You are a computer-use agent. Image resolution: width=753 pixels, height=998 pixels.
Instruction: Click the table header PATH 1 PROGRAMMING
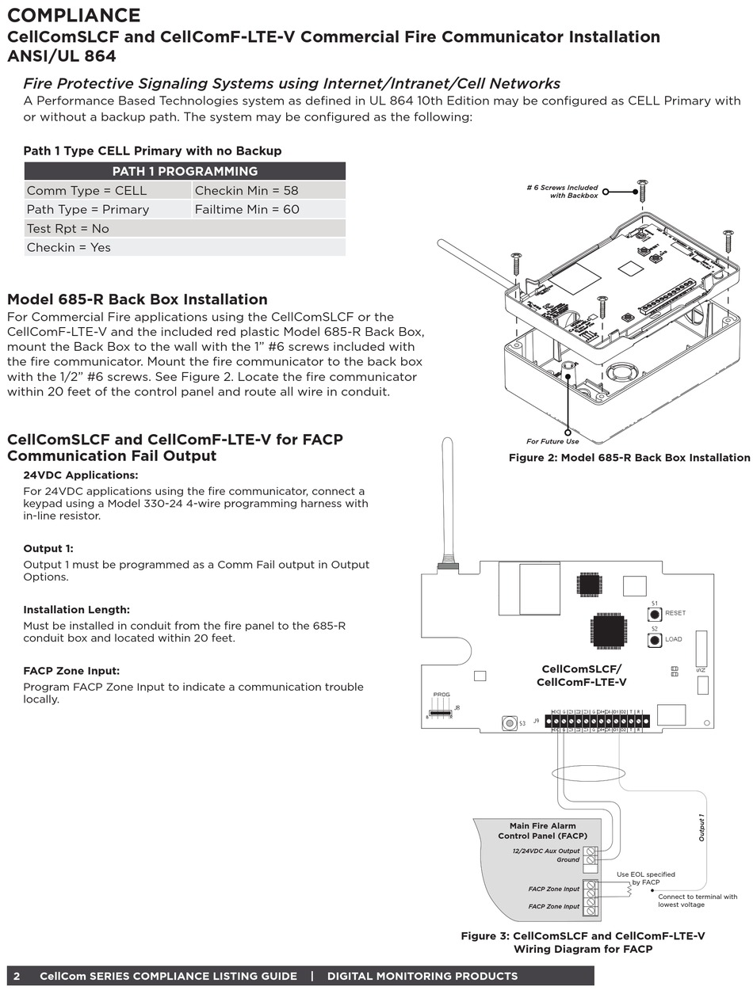coord(185,171)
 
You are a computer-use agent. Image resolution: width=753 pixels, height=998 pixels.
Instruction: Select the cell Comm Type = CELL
coord(87,190)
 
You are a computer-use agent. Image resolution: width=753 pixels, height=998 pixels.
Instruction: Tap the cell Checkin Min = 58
coord(247,190)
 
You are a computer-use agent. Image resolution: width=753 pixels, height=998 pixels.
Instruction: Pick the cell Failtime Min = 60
coord(247,209)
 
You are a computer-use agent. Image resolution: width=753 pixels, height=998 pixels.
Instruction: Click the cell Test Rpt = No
coord(68,228)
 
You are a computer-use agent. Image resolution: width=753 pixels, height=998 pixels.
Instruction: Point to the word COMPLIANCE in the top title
coord(75,15)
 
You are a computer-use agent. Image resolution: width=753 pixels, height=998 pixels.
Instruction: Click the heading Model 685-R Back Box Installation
coord(137,299)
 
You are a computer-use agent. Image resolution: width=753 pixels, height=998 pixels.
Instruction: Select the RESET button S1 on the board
coord(655,613)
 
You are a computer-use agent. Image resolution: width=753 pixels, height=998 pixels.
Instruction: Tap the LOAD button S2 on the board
coord(655,639)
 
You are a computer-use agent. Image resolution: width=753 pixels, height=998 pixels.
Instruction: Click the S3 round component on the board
coord(509,722)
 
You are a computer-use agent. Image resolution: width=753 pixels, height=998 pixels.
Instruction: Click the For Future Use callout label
coord(552,441)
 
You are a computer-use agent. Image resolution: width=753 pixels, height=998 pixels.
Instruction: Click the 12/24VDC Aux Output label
coord(546,851)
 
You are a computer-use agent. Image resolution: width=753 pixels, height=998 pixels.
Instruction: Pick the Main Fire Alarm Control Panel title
coord(542,831)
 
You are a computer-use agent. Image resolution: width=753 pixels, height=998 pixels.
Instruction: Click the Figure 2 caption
coord(629,458)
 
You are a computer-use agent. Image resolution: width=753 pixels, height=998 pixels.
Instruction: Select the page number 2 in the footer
coord(17,976)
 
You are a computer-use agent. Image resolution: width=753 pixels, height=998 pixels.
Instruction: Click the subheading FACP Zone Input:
coord(71,671)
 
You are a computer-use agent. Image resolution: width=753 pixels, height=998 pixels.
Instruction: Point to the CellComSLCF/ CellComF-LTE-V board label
coord(581,676)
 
